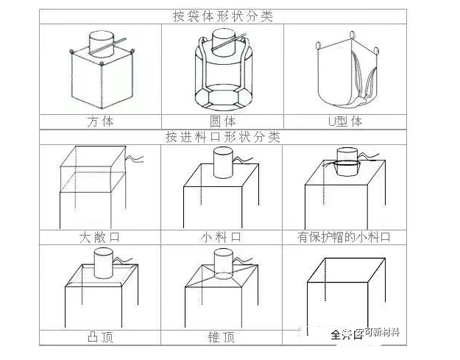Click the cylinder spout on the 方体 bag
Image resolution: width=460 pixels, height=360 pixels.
click(100, 40)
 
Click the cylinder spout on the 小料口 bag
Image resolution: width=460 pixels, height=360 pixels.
click(222, 161)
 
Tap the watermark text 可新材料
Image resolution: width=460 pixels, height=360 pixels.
click(378, 332)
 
